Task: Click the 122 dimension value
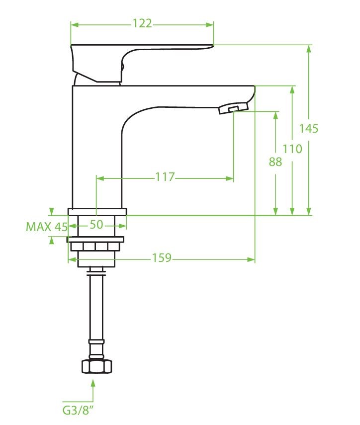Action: tap(142, 23)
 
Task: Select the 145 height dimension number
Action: tap(308, 128)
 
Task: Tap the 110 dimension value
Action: tap(292, 149)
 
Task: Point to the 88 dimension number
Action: tap(275, 162)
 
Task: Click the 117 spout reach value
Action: tap(165, 177)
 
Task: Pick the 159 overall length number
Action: tap(161, 258)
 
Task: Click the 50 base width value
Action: tap(96, 225)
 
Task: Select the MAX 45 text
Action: tap(47, 227)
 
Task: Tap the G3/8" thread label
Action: tap(78, 411)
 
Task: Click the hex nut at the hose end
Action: tap(96, 366)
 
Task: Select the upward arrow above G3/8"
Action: tap(93, 390)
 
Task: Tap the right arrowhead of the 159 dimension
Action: tap(251, 259)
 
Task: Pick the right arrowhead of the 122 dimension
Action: tap(209, 25)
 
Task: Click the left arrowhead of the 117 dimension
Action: tap(100, 178)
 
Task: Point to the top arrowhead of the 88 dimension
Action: tap(275, 116)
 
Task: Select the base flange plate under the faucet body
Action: tap(97, 212)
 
